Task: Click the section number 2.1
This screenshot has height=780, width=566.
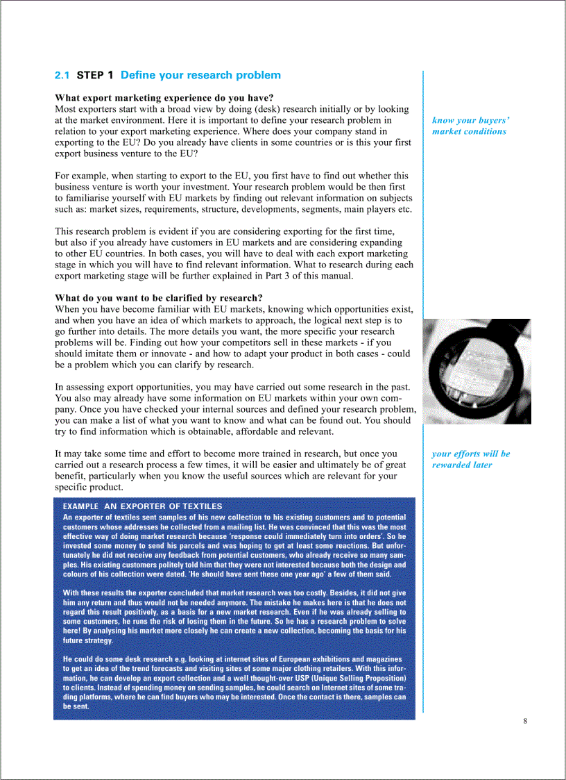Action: click(x=62, y=76)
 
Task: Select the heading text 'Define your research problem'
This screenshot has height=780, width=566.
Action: click(x=200, y=76)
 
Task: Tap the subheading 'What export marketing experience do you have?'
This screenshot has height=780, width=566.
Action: click(x=164, y=98)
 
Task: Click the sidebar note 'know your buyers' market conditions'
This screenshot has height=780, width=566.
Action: click(x=470, y=126)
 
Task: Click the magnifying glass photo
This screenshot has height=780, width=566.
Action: click(x=477, y=371)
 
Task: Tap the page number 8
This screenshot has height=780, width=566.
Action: click(x=525, y=720)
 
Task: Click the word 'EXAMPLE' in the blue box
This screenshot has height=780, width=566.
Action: click(x=80, y=507)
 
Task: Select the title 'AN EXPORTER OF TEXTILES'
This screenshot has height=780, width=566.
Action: click(x=163, y=507)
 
